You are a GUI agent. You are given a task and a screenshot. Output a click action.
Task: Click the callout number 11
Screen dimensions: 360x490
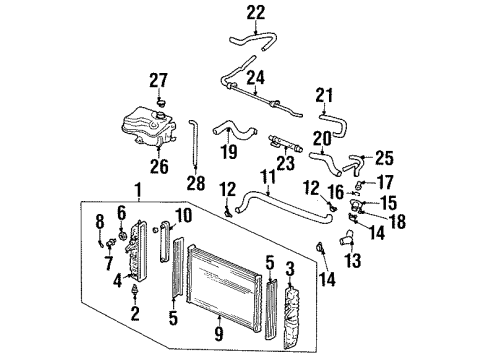[x=266, y=176]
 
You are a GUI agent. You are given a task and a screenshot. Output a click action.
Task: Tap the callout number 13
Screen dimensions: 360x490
[x=353, y=262]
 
